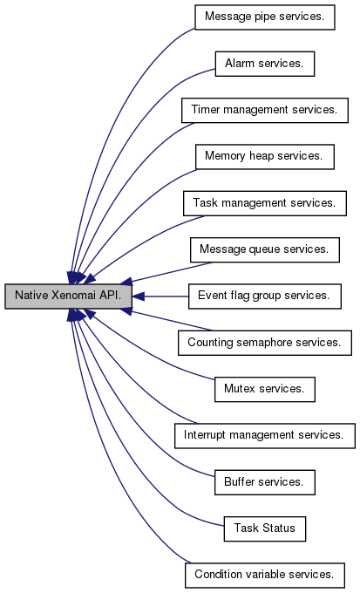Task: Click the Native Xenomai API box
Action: pos(69,296)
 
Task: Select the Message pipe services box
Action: pos(265,17)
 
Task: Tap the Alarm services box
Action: pos(265,64)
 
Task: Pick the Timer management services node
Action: pos(265,110)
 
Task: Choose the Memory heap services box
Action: pos(265,157)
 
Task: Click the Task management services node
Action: pos(265,203)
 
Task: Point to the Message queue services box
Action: pos(265,249)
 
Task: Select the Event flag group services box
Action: pos(265,296)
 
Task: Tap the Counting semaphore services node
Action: pos(265,343)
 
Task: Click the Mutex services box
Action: pos(265,389)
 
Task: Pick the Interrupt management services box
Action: pos(265,436)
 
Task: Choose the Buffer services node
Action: pos(265,482)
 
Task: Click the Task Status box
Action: pos(265,528)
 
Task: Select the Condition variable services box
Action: pos(265,576)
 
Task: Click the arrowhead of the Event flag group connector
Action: pos(139,296)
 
